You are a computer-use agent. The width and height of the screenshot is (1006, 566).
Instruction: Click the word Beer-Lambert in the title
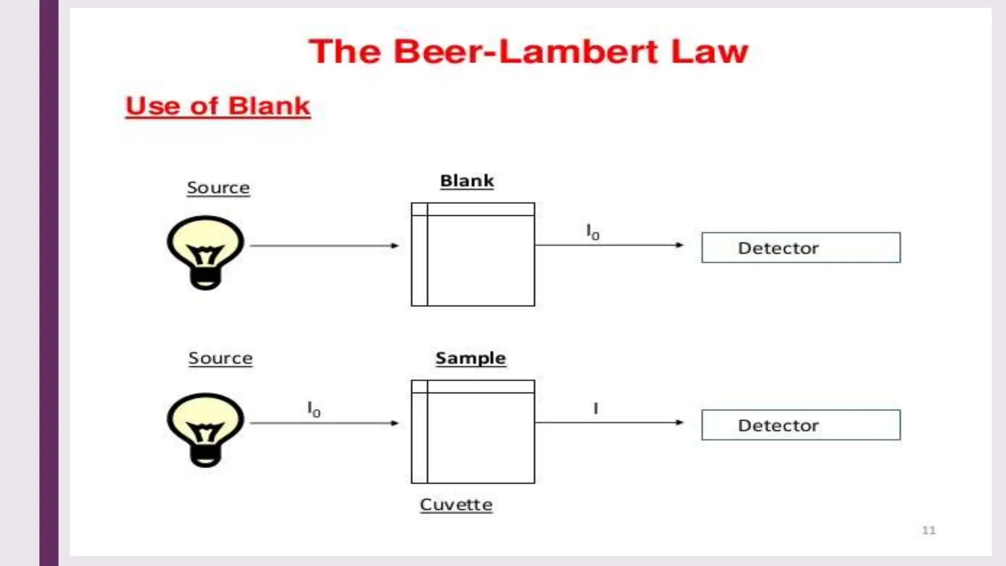[x=526, y=52]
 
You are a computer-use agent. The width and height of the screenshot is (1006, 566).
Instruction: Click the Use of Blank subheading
[x=218, y=106]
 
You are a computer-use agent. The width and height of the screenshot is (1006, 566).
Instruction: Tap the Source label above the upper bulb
[x=218, y=188]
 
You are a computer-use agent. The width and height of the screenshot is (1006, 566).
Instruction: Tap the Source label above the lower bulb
[x=220, y=358]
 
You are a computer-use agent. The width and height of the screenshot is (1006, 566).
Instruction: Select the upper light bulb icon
[x=205, y=252]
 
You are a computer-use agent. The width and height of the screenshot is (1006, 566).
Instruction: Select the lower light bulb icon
[x=205, y=429]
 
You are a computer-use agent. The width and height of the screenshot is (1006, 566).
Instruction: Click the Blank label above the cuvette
[x=467, y=181]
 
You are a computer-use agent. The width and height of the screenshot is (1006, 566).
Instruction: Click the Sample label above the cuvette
[x=471, y=358]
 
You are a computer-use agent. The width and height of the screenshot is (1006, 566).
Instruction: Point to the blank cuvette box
[x=473, y=255]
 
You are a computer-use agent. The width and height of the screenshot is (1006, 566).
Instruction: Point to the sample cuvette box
[x=473, y=432]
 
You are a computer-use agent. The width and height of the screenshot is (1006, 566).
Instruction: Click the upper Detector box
[x=801, y=248]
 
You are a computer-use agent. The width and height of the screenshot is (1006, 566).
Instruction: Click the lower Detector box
[x=801, y=425]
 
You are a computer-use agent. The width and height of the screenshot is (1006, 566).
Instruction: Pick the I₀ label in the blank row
[x=592, y=231]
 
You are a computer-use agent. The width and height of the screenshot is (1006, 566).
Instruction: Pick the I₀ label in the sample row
[x=313, y=409]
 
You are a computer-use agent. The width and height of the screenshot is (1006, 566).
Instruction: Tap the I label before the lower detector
[x=595, y=408]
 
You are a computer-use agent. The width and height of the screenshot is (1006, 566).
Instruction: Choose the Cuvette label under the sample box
[x=456, y=505]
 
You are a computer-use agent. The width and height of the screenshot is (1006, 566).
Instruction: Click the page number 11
[x=928, y=530]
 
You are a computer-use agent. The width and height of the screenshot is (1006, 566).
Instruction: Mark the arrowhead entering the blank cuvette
[x=395, y=246]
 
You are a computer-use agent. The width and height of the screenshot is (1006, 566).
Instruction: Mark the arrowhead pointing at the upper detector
[x=679, y=245]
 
